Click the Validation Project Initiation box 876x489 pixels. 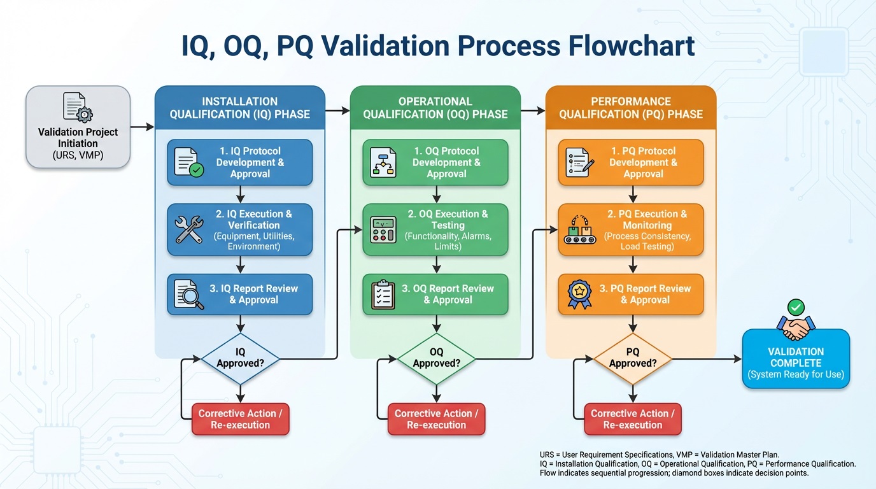78,127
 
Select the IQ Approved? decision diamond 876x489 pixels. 240,358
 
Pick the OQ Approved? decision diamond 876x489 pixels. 436,358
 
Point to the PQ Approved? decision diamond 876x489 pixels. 632,358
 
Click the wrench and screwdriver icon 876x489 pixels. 188,229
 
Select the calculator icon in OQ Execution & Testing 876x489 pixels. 384,229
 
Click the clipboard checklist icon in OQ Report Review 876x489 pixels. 384,294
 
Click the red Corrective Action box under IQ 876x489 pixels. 240,419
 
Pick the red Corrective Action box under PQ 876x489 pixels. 632,419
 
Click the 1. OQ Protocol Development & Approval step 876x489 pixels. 436,162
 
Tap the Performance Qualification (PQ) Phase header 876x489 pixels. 631,108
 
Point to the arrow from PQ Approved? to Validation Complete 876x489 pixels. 707,360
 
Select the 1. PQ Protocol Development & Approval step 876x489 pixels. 631,162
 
